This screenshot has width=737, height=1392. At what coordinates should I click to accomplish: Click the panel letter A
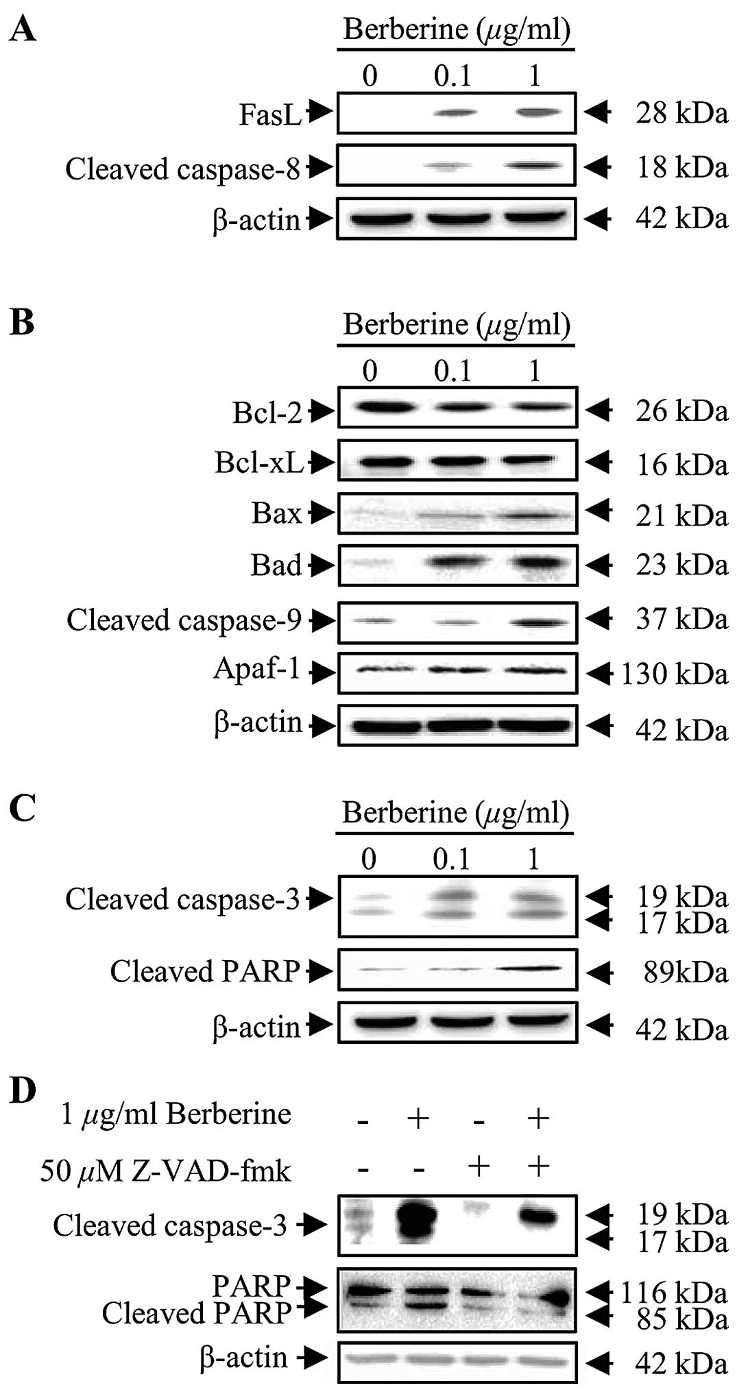23,31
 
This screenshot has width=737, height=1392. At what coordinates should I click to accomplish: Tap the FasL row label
270,114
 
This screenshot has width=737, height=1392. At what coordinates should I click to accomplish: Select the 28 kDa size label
681,112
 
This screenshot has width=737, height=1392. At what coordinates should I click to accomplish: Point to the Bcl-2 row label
267,413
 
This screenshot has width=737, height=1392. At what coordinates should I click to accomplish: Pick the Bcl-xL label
259,463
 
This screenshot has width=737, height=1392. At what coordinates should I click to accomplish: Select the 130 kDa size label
675,674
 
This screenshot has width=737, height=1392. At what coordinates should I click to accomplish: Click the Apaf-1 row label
257,669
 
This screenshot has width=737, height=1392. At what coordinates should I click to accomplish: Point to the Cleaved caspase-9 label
184,620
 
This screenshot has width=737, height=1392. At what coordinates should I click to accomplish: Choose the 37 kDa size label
681,620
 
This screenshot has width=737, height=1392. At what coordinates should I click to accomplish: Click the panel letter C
23,809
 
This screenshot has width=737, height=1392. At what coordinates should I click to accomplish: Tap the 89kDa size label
685,973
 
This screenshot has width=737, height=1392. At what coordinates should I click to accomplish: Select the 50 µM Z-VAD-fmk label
165,1171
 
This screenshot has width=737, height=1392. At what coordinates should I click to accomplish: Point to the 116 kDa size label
673,1293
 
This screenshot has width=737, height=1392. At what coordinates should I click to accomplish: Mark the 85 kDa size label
681,1319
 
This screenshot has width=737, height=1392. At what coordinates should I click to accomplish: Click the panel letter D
23,1090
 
